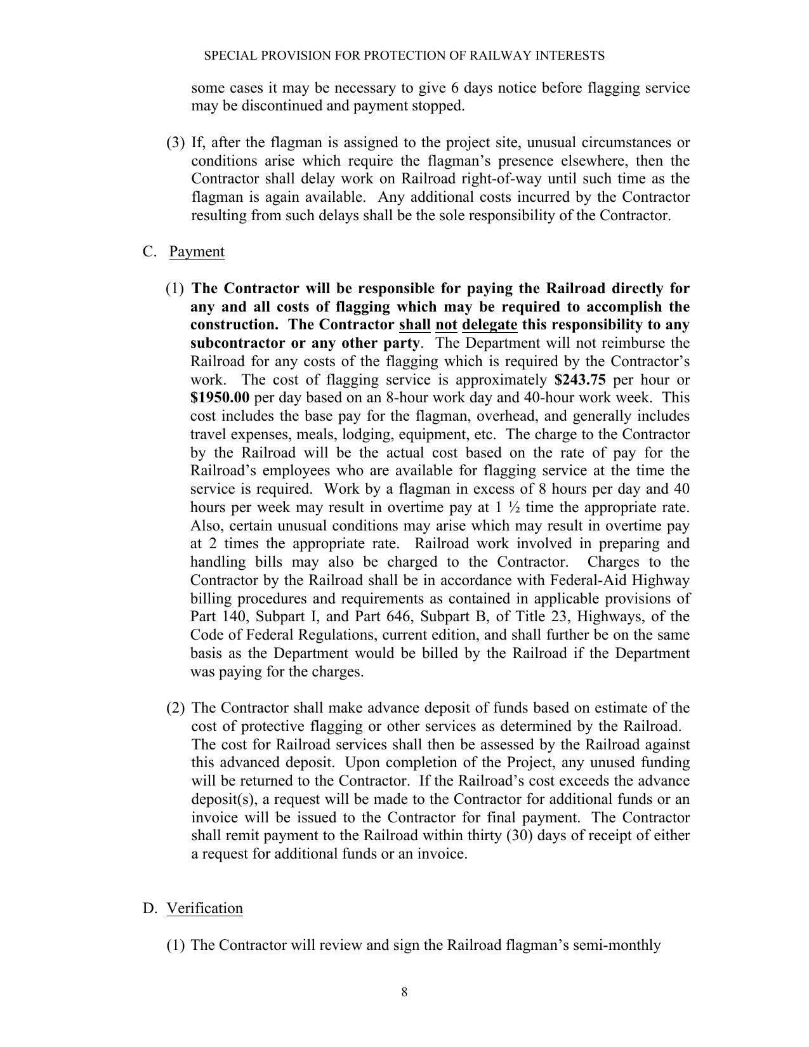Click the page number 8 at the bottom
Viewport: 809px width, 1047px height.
pos(404,992)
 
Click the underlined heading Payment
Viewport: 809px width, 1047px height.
pos(197,252)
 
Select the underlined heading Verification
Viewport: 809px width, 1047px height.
pos(204,908)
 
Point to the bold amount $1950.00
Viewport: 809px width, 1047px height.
pos(220,398)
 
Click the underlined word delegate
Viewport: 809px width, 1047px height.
pos(489,325)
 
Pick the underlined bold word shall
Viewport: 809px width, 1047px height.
pos(414,325)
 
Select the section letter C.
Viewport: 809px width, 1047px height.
pos(149,252)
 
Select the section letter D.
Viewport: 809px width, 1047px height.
pos(149,908)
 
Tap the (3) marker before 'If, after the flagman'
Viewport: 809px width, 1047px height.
pos(176,142)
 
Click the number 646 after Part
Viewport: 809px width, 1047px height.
pos(398,617)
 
